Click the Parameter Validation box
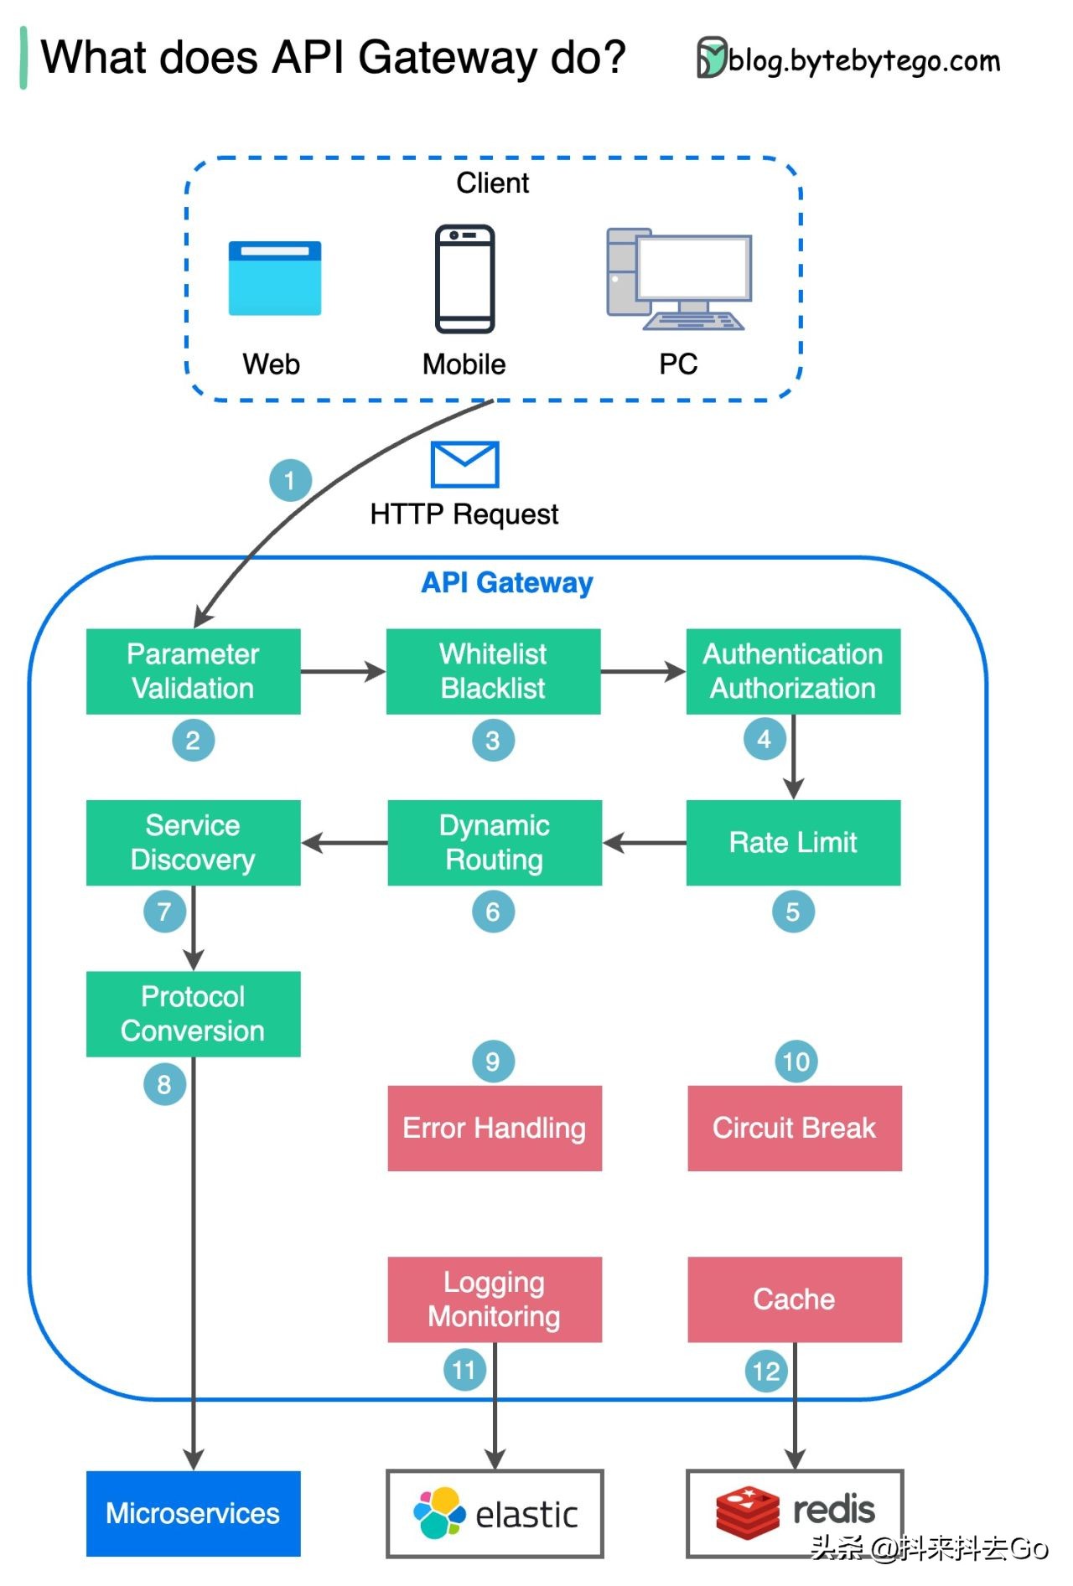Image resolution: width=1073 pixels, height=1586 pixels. pyautogui.click(x=193, y=671)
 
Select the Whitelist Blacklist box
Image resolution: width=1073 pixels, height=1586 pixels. pyautogui.click(x=493, y=671)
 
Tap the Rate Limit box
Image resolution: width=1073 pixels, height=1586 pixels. pyautogui.click(x=793, y=842)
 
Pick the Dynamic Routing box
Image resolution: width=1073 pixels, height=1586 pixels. pyautogui.click(x=495, y=842)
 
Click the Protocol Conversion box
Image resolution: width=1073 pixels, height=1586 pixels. pyautogui.click(x=193, y=1014)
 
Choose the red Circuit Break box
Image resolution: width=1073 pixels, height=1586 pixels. pyautogui.click(x=795, y=1128)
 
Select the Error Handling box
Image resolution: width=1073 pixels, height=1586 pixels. pyautogui.click(x=495, y=1128)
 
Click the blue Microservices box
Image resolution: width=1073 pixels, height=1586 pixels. pyautogui.click(x=193, y=1513)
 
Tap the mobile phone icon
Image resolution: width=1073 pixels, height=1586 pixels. pyautogui.click(x=464, y=278)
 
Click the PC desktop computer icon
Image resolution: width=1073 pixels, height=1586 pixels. pyautogui.click(x=679, y=279)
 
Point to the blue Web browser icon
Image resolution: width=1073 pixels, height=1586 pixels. pyautogui.click(x=275, y=278)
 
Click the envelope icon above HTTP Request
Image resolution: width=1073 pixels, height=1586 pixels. pyautogui.click(x=464, y=464)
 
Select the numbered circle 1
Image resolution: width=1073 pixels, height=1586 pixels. pyautogui.click(x=290, y=480)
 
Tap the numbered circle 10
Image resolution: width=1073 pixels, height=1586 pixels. pyautogui.click(x=796, y=1062)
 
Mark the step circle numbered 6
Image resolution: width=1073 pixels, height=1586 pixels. pyautogui.click(x=493, y=912)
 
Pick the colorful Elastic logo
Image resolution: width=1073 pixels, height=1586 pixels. pyautogui.click(x=439, y=1513)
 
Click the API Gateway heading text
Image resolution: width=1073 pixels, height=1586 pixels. pyautogui.click(x=506, y=582)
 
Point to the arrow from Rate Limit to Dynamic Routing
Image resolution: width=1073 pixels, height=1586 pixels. pyautogui.click(x=644, y=842)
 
